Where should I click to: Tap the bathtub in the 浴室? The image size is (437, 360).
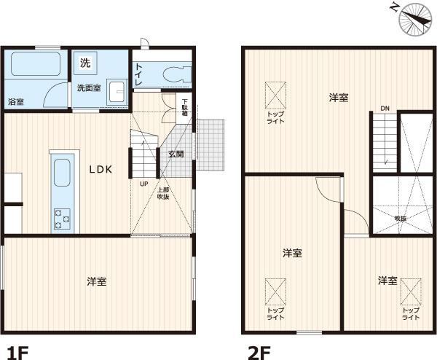point(36,63)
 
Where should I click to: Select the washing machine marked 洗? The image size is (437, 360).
point(85,63)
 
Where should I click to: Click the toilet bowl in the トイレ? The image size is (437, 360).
point(177,74)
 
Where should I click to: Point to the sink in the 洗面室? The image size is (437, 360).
point(117,92)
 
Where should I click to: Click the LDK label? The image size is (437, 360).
point(101,169)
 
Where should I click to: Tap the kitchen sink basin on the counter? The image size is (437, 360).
point(62,173)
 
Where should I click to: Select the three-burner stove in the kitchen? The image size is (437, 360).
point(62,219)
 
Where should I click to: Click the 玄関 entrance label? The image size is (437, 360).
point(176,154)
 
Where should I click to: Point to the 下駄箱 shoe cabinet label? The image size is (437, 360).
point(185,107)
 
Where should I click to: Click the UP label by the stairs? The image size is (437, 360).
point(143,184)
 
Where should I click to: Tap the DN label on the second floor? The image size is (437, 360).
point(385,108)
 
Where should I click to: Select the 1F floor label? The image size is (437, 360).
point(17,353)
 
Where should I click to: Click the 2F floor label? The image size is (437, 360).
point(259,353)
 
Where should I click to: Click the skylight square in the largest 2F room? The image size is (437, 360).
point(275,95)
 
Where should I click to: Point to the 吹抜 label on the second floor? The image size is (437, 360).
point(400,219)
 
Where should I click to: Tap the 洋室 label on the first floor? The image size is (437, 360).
point(97,281)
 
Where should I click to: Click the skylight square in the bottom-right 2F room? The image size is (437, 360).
point(411,292)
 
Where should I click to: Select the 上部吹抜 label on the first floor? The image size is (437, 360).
point(163,193)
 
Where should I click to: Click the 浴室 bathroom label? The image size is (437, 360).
point(16,102)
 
